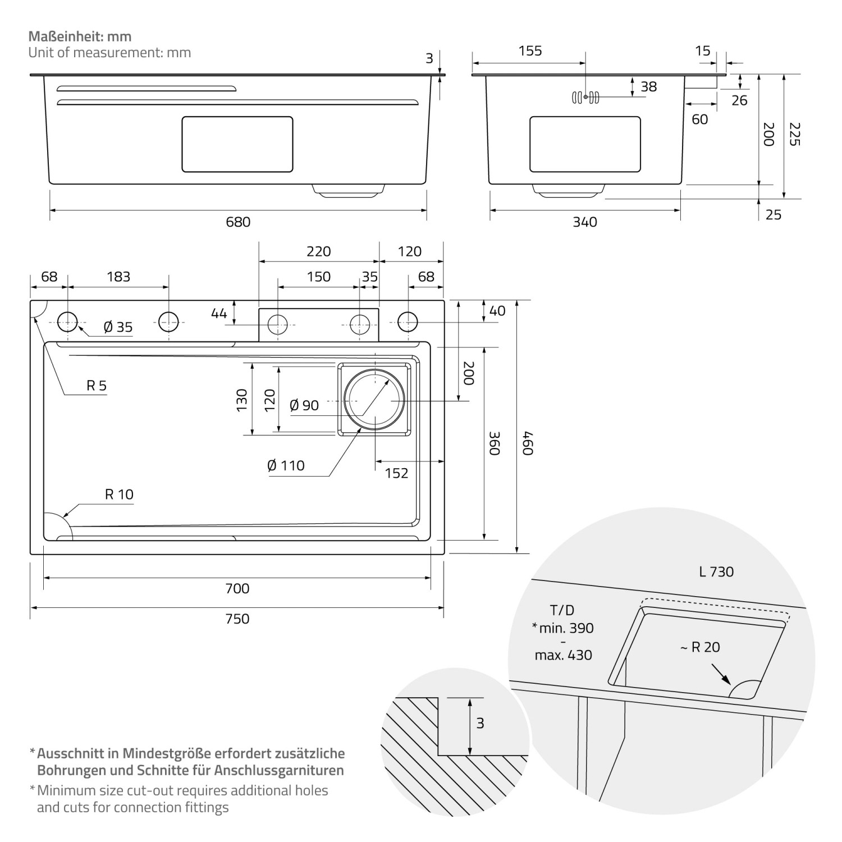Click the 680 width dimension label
[x=238, y=222]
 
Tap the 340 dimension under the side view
[x=585, y=222]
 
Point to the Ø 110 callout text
[x=286, y=465]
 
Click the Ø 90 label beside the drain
[x=304, y=405]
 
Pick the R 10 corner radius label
[x=119, y=495]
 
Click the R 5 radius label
[x=96, y=386]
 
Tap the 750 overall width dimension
[x=237, y=619]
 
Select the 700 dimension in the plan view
[x=237, y=588]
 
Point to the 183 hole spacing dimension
[x=118, y=277]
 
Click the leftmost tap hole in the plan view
[x=67, y=322]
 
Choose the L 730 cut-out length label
[x=716, y=572]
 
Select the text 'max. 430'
[x=563, y=655]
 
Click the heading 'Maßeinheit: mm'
[x=80, y=36]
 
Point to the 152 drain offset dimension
[x=396, y=473]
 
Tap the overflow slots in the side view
[x=585, y=97]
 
